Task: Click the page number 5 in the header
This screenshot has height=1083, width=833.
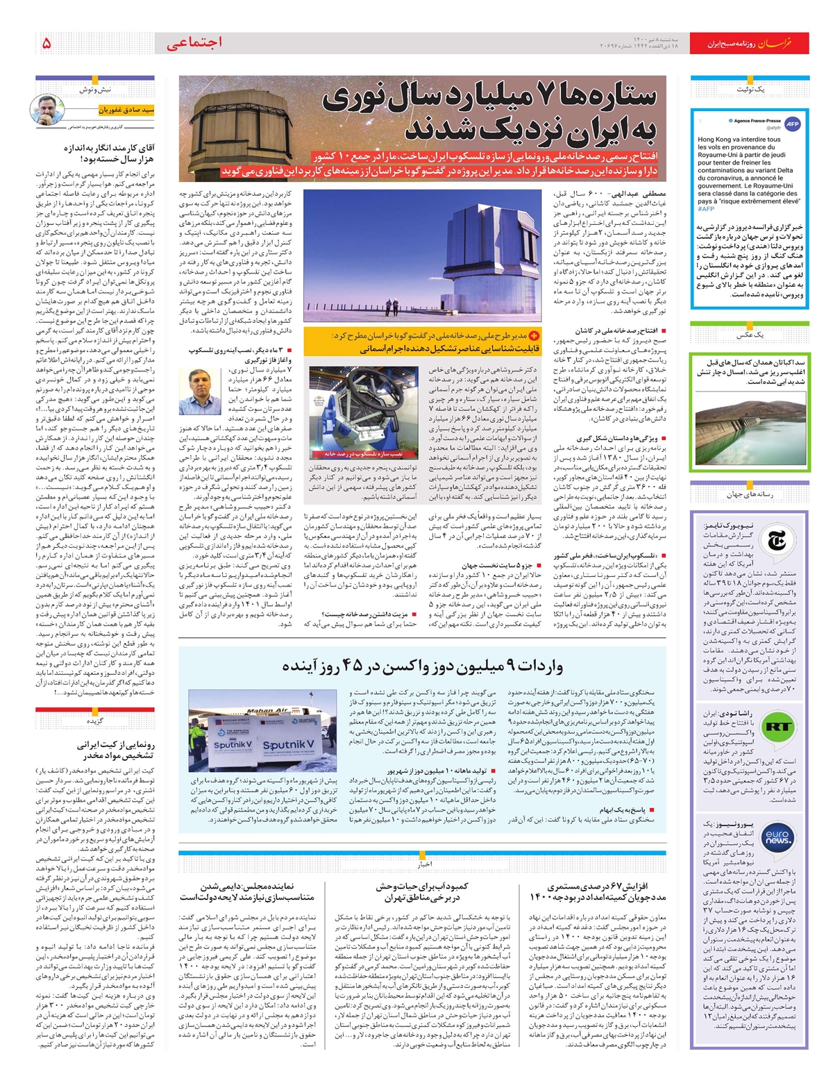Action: (x=47, y=43)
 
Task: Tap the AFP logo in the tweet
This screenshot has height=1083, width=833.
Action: (x=792, y=124)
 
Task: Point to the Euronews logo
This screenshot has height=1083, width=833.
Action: (x=776, y=837)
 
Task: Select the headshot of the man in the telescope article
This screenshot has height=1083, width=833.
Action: (x=196, y=392)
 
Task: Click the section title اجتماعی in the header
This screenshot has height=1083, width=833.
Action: (x=194, y=43)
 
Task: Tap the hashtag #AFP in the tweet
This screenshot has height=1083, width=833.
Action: (x=706, y=208)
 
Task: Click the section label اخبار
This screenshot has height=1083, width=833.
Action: (x=424, y=864)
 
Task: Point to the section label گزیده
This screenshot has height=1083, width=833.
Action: (x=95, y=721)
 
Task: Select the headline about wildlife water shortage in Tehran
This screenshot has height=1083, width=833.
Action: (x=422, y=892)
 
